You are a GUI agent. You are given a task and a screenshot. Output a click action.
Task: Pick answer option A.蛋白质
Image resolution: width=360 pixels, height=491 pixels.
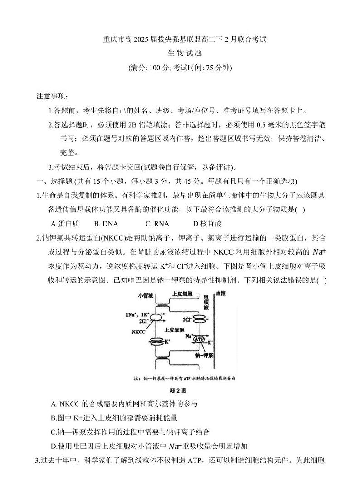[x=66, y=224]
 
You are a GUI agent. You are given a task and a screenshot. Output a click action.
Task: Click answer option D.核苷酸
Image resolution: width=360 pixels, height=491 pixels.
[x=208, y=224]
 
